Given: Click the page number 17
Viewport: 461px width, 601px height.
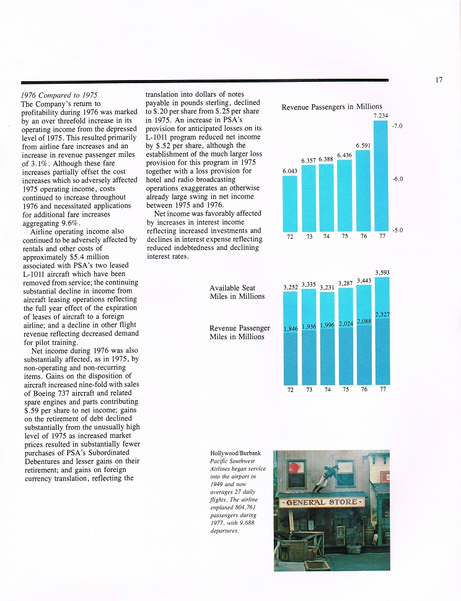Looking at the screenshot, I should click(x=438, y=79).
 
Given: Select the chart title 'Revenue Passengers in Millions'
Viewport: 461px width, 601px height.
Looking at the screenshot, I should click(x=331, y=107).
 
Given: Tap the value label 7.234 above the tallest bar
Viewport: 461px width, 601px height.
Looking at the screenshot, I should click(x=380, y=115).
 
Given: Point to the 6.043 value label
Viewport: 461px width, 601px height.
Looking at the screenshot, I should click(x=290, y=171).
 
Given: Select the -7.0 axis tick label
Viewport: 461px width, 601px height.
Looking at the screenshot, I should click(x=398, y=126).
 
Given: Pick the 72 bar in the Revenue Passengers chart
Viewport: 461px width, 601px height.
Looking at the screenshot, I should click(x=290, y=203).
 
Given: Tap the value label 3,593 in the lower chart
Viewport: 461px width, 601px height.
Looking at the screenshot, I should click(x=382, y=272).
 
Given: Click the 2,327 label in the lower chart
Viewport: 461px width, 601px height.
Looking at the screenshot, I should click(x=382, y=315).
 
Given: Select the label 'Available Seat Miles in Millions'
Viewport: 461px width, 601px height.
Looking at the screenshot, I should click(x=237, y=292).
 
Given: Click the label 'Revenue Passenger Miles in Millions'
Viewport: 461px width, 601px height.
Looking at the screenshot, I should click(x=239, y=332).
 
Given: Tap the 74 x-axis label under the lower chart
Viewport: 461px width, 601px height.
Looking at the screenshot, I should click(x=327, y=390).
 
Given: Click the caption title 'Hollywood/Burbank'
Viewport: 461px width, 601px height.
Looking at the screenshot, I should click(x=235, y=454).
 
